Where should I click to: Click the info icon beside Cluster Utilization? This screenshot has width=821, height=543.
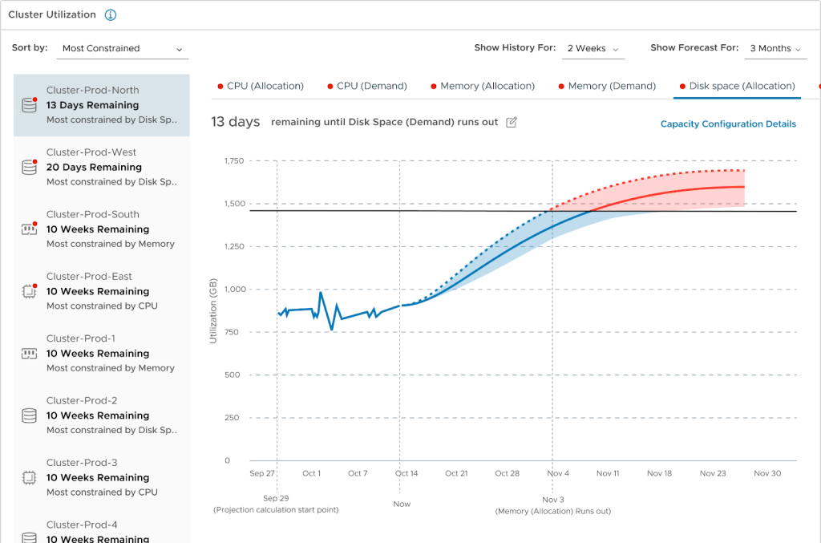coord(111,15)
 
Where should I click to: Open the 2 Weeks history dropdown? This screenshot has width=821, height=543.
coord(593,48)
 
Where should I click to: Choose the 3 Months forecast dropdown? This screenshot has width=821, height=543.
coord(775,48)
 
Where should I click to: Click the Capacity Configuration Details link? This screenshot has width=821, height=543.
coord(728,124)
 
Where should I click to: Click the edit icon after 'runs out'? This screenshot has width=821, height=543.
coord(512,122)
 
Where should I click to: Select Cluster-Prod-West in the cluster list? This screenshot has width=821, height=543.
coord(102,167)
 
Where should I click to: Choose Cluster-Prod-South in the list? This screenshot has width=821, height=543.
coord(102,229)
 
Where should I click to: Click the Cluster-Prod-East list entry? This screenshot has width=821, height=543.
coord(102,291)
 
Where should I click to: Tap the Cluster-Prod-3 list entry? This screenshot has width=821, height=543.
coord(102,477)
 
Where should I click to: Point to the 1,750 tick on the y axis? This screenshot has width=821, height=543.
coord(233,161)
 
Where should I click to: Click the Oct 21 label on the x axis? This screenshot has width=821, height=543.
coord(455,473)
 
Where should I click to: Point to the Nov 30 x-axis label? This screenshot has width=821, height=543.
coord(767,473)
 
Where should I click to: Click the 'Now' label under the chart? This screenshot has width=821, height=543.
coord(402,504)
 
